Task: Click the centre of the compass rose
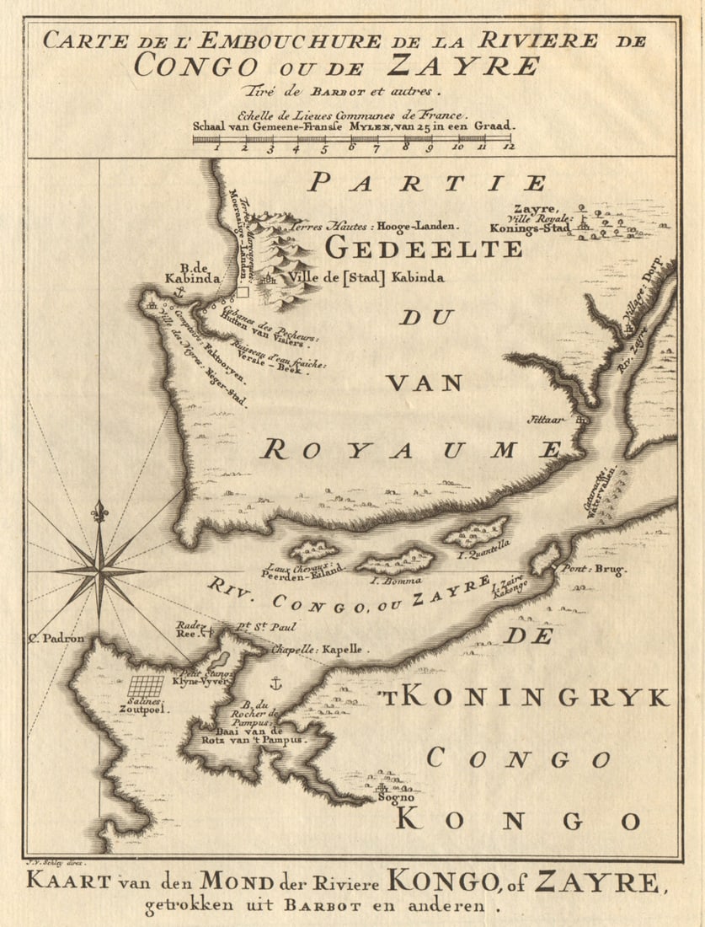point(99,571)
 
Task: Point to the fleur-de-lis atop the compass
point(99,510)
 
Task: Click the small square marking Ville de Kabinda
point(243,292)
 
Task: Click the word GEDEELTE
point(424,249)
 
